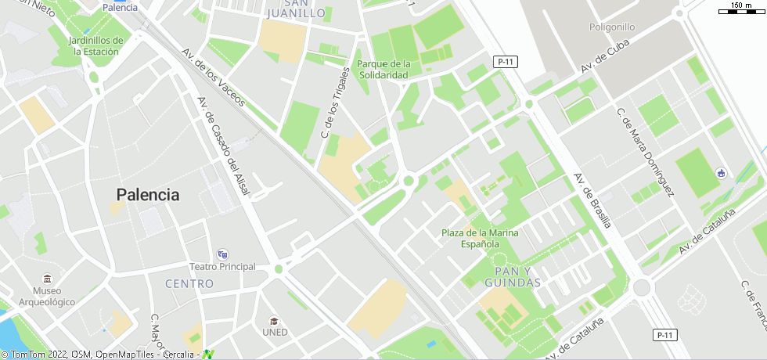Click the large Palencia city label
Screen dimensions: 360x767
148,195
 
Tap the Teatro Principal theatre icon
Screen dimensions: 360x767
223,254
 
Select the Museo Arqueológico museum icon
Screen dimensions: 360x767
48,279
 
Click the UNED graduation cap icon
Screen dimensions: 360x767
275,320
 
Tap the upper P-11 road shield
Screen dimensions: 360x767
506,62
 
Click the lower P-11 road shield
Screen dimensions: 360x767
664,335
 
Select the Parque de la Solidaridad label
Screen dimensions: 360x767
383,69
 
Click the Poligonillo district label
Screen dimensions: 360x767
612,27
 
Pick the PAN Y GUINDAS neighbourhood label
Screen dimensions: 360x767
513,276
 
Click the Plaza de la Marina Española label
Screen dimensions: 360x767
480,238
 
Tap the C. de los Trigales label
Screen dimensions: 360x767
335,103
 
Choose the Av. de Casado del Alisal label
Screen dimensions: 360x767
223,146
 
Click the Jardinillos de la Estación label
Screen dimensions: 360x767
96,45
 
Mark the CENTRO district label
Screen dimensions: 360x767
189,283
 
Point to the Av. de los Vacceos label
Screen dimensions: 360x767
213,77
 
